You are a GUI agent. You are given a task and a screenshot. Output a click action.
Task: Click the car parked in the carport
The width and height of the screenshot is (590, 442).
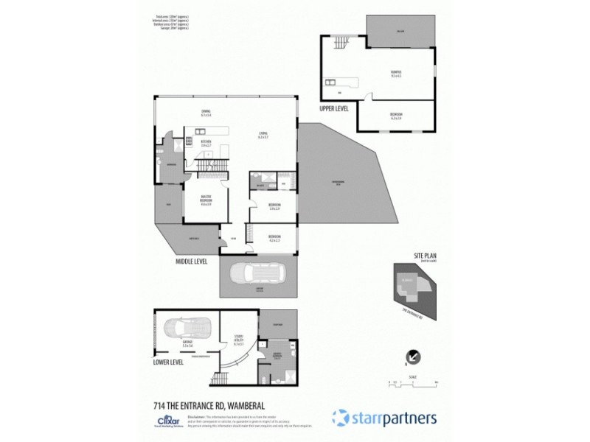[259, 276]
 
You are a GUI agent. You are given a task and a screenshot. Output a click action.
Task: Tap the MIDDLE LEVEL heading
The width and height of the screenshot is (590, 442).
[191, 261]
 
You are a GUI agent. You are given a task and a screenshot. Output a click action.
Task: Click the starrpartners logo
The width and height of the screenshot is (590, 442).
[383, 417]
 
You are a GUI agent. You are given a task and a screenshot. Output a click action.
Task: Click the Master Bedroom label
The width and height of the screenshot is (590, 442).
[206, 200]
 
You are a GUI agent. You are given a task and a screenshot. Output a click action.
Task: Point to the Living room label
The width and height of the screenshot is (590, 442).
[262, 135]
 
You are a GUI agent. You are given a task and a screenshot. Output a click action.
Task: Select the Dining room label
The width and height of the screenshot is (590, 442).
[206, 113]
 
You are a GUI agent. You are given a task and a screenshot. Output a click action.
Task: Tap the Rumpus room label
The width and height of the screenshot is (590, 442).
[396, 74]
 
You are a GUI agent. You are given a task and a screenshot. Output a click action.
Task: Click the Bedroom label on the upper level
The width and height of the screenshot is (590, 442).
[396, 116]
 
